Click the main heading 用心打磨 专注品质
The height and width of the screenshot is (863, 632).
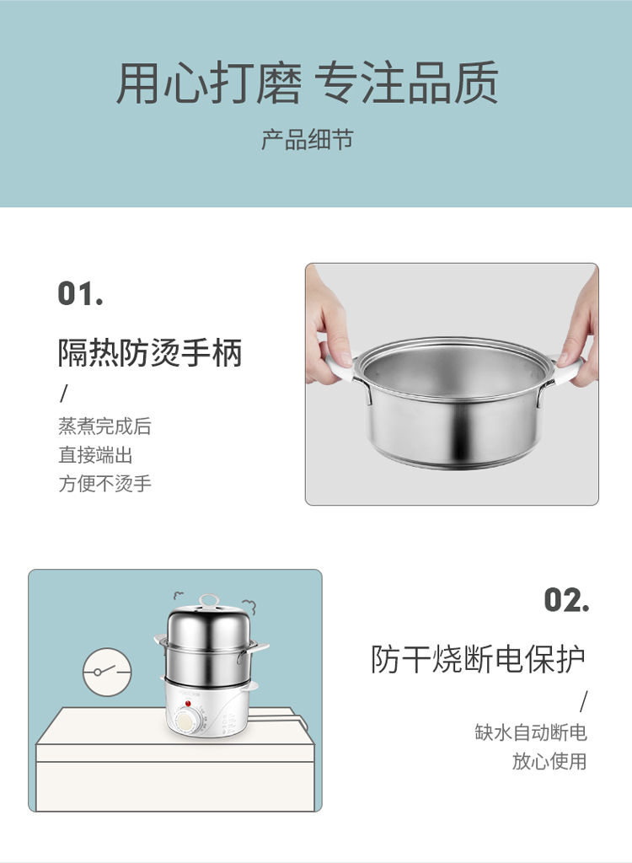pos(308,83)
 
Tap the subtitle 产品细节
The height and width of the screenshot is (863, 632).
pos(308,140)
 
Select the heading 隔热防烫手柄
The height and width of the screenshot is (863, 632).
pos(150,353)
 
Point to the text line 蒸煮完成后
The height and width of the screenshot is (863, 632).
pos(104,426)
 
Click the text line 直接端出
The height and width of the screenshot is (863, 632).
pos(95,455)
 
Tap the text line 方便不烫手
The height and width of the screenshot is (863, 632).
pos(104,484)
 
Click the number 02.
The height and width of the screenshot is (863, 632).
pos(566,600)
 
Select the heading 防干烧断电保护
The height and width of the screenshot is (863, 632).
pos(478,659)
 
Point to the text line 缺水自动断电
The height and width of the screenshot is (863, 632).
pos(531,732)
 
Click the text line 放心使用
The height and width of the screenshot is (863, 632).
pos(549,761)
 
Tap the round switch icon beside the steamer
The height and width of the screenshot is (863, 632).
pos(107,672)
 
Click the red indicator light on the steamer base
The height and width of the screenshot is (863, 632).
pos(188,704)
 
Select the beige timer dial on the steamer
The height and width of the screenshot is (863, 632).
pos(187,722)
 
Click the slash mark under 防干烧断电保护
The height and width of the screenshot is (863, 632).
pos(583,701)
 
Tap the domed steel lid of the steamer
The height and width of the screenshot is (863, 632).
pos(208,624)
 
